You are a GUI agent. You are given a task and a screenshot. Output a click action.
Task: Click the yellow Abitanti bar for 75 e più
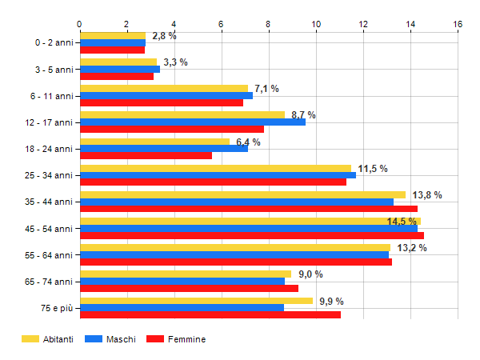tap(196, 301)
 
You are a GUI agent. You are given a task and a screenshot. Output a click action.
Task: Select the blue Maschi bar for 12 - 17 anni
tap(192, 122)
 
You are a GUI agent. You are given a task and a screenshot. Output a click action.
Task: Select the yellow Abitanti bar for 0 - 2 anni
tap(112, 36)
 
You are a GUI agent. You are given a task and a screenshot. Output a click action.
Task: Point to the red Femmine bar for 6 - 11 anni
tap(161, 102)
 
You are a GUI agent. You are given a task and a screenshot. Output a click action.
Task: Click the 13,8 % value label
tap(426, 194)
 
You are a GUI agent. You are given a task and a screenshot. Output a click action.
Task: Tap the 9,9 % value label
tap(330, 301)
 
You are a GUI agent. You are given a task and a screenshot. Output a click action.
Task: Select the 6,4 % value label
tap(248, 142)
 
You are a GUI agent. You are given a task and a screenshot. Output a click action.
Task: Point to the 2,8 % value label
tap(164, 36)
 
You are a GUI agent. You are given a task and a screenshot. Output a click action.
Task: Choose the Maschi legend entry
tap(120, 339)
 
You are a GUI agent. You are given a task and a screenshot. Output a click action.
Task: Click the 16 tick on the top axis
tap(458, 24)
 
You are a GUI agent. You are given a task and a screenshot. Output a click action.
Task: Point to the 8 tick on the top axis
tap(269, 24)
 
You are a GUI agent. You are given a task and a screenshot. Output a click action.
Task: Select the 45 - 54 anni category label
tap(49, 229)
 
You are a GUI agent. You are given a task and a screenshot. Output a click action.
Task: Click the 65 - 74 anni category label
tap(49, 282)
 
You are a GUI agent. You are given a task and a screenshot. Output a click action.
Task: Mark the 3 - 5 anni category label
tap(52, 70)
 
